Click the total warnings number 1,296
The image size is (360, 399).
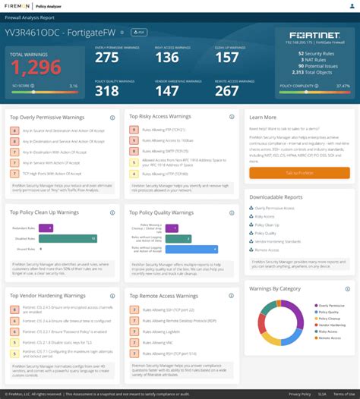point(36,68)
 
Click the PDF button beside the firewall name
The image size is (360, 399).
point(138,33)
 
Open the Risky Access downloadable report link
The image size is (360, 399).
point(266,216)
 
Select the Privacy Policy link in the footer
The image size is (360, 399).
point(299,394)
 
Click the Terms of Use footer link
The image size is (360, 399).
point(343,394)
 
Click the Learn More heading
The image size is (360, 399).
point(263,117)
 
